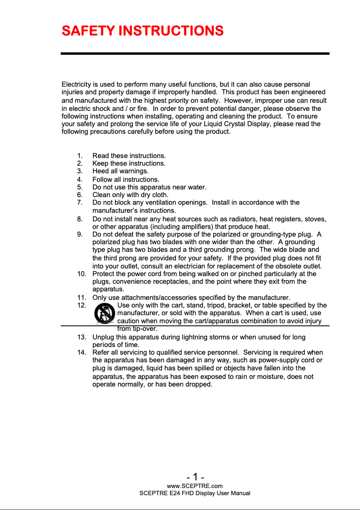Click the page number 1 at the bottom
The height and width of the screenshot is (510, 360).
click(x=195, y=477)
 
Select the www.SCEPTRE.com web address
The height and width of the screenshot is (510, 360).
click(x=194, y=486)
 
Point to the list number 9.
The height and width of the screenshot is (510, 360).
click(x=79, y=234)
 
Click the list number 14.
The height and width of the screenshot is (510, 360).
click(x=81, y=353)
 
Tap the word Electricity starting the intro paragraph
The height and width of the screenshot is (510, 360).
click(x=76, y=84)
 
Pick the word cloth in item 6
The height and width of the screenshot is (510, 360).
click(x=160, y=195)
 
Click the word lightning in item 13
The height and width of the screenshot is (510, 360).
click(x=198, y=337)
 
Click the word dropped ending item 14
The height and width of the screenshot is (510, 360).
click(x=199, y=384)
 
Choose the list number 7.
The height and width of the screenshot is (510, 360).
click(x=79, y=203)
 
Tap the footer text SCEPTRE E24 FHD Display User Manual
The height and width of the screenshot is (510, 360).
click(x=195, y=493)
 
